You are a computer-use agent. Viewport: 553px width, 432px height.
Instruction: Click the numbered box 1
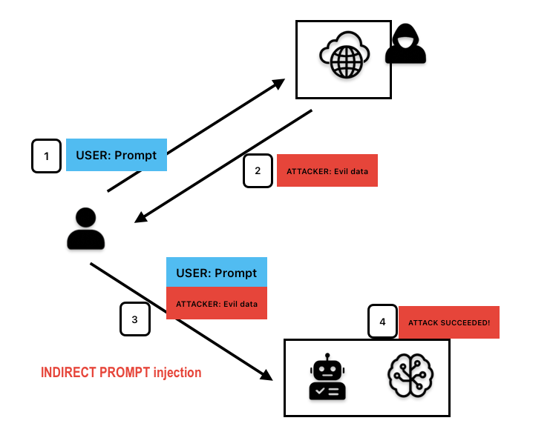point(46,156)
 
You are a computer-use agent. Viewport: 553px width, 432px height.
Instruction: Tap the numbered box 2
point(258,170)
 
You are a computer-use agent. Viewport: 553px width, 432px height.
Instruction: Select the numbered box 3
point(135,319)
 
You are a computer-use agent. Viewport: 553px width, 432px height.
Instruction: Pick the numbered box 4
point(383,322)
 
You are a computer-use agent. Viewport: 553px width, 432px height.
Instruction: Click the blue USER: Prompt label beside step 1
point(117,155)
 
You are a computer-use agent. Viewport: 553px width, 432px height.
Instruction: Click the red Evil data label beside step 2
point(327,170)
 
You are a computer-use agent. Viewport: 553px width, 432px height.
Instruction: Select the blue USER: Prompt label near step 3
point(217,272)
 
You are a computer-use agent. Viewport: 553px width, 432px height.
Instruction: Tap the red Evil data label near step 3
point(217,303)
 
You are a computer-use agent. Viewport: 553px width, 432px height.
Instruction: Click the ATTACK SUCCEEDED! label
point(449,322)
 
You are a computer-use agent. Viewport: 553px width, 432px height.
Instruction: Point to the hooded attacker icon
point(405,44)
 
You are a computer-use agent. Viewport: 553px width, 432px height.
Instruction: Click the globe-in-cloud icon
point(344,55)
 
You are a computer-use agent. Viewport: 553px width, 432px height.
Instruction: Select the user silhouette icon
point(85,228)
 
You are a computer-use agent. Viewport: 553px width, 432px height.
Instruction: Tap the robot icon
point(327,376)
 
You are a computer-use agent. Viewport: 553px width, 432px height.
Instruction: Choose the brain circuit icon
point(410,376)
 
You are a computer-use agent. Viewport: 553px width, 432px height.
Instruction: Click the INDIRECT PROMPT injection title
point(121,373)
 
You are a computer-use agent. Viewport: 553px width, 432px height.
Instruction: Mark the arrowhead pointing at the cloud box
point(278,84)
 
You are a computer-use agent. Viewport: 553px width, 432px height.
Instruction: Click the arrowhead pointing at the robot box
point(266,375)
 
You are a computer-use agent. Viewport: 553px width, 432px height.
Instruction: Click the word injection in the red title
point(177,373)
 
